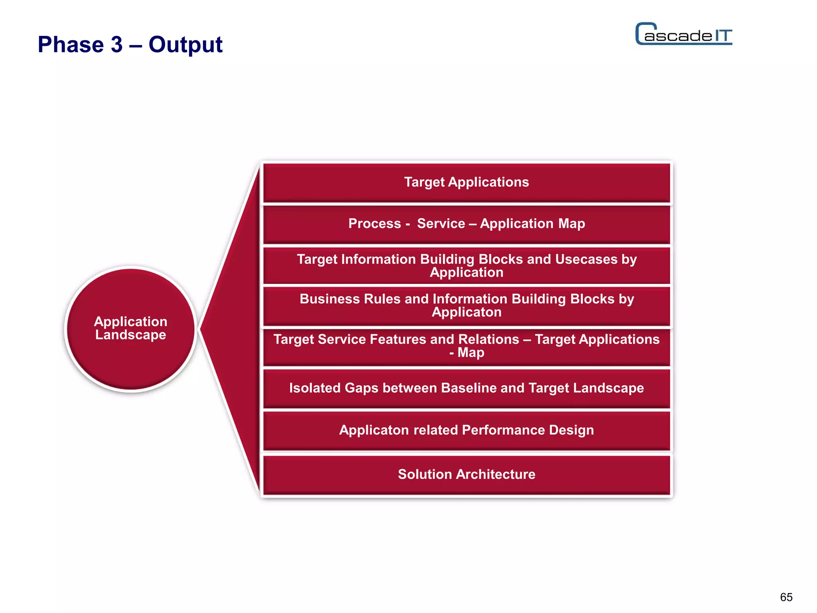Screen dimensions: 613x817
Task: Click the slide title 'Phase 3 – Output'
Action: [x=130, y=44]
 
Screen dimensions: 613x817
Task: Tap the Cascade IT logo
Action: [x=684, y=34]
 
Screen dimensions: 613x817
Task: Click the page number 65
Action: [x=786, y=597]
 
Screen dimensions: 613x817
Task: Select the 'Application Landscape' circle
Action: [x=131, y=328]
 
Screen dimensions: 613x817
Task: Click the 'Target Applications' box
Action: [x=466, y=182]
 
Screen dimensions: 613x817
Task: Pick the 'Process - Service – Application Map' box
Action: [x=466, y=224]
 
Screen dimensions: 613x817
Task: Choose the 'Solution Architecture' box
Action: [x=466, y=475]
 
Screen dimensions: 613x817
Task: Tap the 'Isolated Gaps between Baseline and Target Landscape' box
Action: [x=466, y=388]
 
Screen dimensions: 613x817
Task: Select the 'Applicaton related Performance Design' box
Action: [x=466, y=430]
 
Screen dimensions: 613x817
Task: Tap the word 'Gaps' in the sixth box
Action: [x=361, y=388]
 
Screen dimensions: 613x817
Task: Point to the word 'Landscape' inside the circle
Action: [x=131, y=335]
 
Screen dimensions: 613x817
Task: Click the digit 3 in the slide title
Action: [x=117, y=44]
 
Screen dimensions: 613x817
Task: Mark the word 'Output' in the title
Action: [x=186, y=44]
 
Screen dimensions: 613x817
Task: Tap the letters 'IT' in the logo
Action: [x=722, y=36]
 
